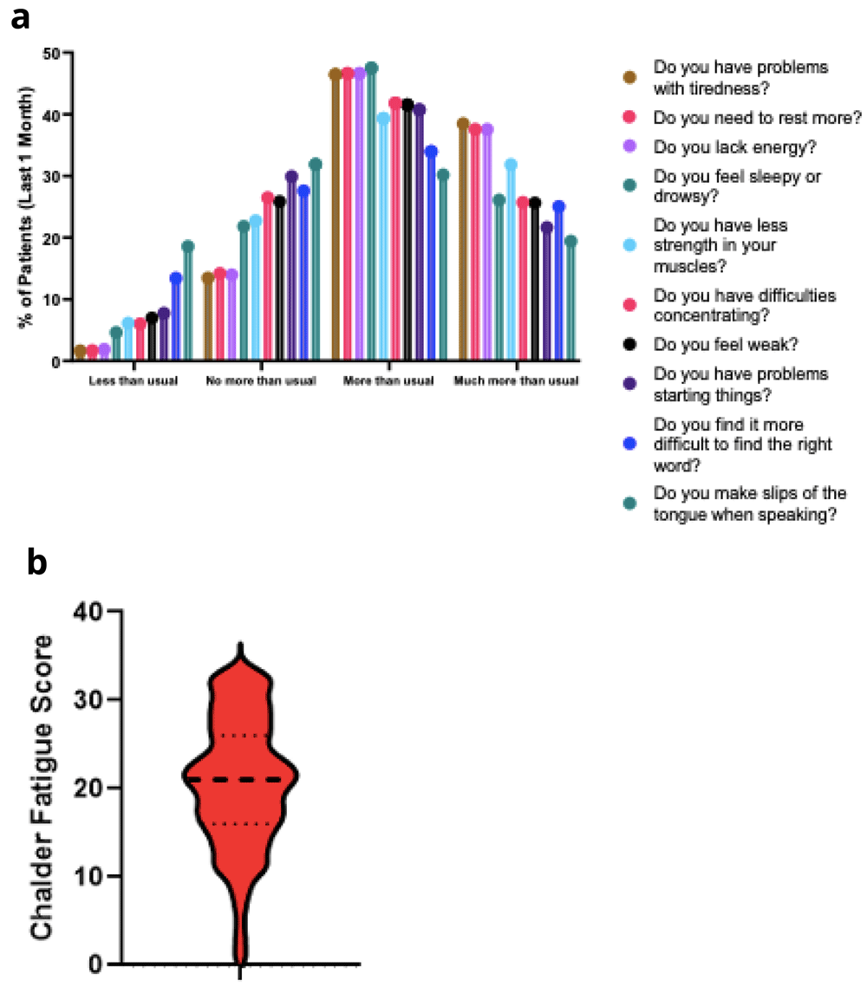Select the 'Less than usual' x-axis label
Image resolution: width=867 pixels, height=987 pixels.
coord(134,381)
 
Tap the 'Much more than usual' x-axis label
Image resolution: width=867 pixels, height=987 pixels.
coord(516,381)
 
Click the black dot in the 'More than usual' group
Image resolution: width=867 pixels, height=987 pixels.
coord(407,106)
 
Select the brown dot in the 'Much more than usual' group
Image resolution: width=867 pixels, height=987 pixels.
coord(463,124)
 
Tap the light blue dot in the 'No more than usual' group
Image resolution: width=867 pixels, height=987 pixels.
coord(256,221)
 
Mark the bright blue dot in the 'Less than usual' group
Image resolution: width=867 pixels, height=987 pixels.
coord(176,278)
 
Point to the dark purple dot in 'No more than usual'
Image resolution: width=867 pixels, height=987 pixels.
coord(291,177)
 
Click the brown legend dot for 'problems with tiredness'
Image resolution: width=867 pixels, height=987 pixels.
coord(629,77)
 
